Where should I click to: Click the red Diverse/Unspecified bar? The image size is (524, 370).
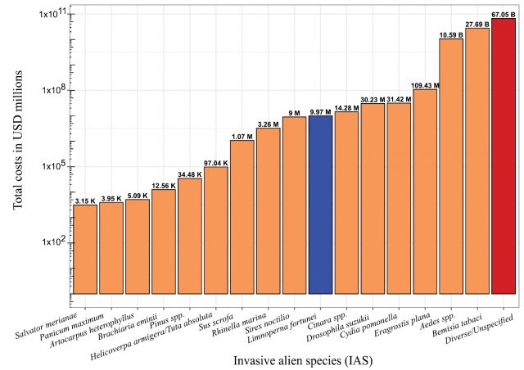504,156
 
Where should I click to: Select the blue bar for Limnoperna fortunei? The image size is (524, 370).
320,205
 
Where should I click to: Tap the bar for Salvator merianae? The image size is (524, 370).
85,249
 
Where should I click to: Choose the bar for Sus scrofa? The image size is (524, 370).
242,217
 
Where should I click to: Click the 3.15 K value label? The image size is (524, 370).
85,201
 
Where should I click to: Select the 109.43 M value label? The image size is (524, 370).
425,85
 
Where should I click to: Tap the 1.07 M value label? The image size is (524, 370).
242,137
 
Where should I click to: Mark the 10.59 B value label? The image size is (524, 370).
451,35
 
